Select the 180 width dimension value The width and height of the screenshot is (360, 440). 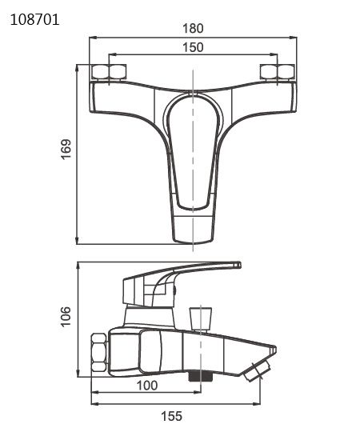point(193,28)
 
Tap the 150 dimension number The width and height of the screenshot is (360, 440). point(193,47)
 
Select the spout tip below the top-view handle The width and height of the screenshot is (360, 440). point(194,228)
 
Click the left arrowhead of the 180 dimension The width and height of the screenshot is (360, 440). point(91,37)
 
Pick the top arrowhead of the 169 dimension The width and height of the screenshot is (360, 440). point(77,67)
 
